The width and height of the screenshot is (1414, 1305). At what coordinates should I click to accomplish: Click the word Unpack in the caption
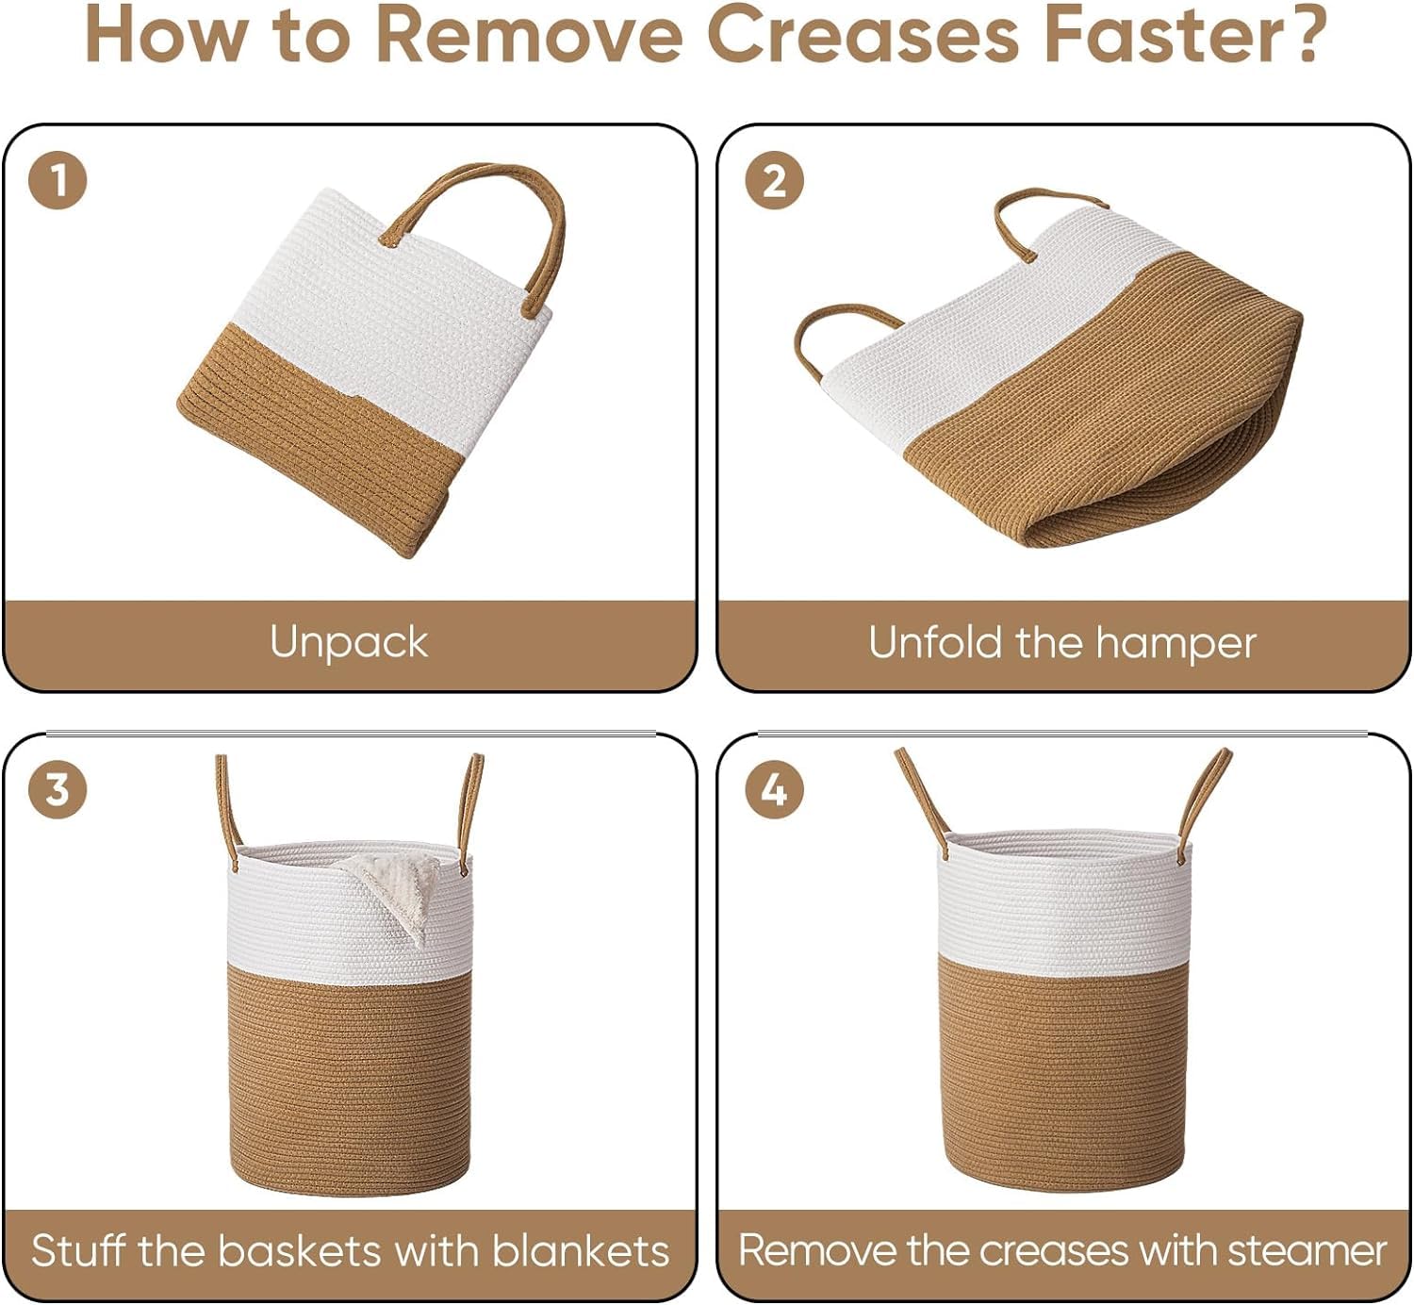[x=349, y=643]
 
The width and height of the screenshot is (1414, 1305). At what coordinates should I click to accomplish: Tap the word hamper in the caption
[x=1176, y=643]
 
